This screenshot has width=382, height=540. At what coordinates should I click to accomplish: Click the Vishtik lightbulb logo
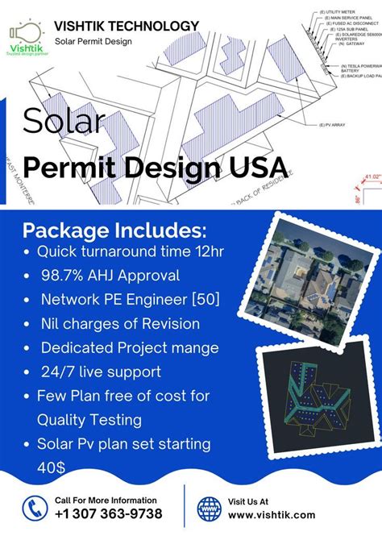pyautogui.click(x=27, y=36)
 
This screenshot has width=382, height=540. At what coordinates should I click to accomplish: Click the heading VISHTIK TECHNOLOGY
pyautogui.click(x=127, y=27)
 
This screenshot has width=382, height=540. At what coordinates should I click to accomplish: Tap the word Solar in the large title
pyautogui.click(x=64, y=121)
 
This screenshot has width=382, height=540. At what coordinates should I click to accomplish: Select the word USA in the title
pyautogui.click(x=260, y=167)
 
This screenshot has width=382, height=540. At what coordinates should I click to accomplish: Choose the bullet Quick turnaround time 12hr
pyautogui.click(x=129, y=251)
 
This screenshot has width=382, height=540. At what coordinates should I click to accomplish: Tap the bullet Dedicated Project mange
pyautogui.click(x=129, y=348)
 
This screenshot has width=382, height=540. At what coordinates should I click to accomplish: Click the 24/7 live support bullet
pyautogui.click(x=101, y=372)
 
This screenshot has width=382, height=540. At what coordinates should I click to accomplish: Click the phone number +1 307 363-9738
pyautogui.click(x=108, y=514)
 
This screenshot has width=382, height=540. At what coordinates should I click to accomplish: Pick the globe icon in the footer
pyautogui.click(x=210, y=508)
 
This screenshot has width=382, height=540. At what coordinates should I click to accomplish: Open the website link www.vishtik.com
pyautogui.click(x=272, y=514)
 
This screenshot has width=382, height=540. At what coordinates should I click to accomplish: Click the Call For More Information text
pyautogui.click(x=106, y=500)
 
